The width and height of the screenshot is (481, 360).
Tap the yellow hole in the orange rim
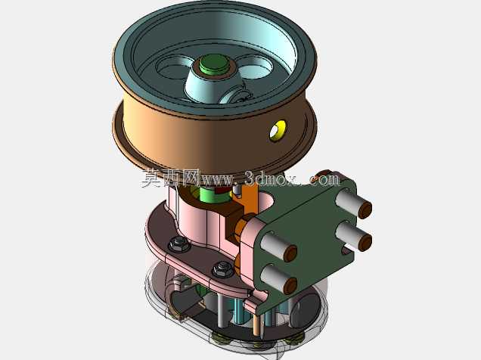278,131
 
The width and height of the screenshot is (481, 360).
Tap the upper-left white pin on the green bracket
279,247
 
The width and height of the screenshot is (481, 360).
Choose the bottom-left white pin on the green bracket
279,279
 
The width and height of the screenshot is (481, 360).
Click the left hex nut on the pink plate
178,244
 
